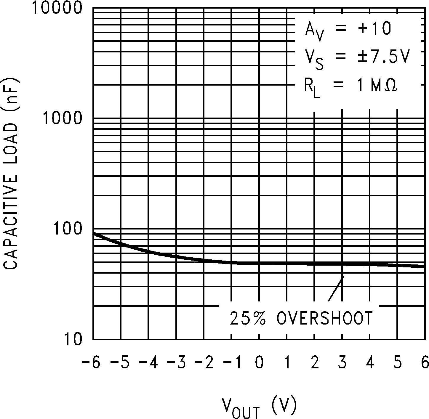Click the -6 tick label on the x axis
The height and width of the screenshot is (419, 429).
pos(90,362)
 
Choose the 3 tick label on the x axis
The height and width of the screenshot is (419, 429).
pos(342,362)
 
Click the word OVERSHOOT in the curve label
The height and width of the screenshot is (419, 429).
pos(324,319)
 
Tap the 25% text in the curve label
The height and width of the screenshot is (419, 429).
pos(248,319)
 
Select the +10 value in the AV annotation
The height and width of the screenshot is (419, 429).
pos(374,29)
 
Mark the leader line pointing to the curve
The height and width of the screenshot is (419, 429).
pos(336,288)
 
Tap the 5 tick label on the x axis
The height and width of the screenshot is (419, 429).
pos(397,362)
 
